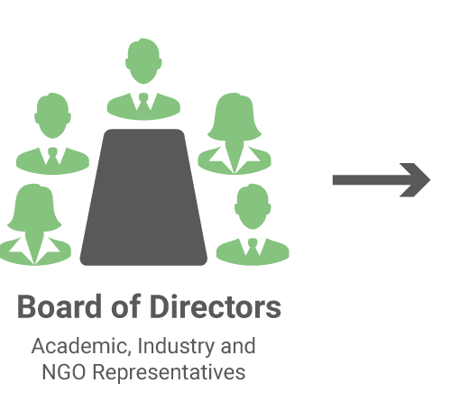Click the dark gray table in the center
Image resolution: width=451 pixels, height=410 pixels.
point(143,197)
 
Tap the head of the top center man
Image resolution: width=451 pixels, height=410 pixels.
point(143,61)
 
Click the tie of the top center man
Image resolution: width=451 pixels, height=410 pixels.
point(143,103)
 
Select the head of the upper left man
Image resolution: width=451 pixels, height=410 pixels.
point(52,116)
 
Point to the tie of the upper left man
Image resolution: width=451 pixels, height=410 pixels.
point(52,157)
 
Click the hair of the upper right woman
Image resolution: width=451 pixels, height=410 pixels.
point(235,117)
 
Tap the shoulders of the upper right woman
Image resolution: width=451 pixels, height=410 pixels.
point(235,160)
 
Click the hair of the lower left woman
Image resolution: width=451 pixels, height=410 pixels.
point(34,208)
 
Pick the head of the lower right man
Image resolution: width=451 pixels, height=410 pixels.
point(253,206)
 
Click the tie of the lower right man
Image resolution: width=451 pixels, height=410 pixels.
point(253,248)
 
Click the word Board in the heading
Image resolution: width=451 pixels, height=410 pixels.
point(60,306)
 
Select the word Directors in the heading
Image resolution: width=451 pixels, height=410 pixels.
point(216,306)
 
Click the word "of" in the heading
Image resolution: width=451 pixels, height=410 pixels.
point(125,306)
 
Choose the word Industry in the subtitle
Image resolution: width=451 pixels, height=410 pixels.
point(176,347)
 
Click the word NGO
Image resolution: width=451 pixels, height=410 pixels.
point(64,372)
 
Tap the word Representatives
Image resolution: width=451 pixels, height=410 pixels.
point(169,373)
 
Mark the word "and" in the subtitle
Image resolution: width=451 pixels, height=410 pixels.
point(238,346)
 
